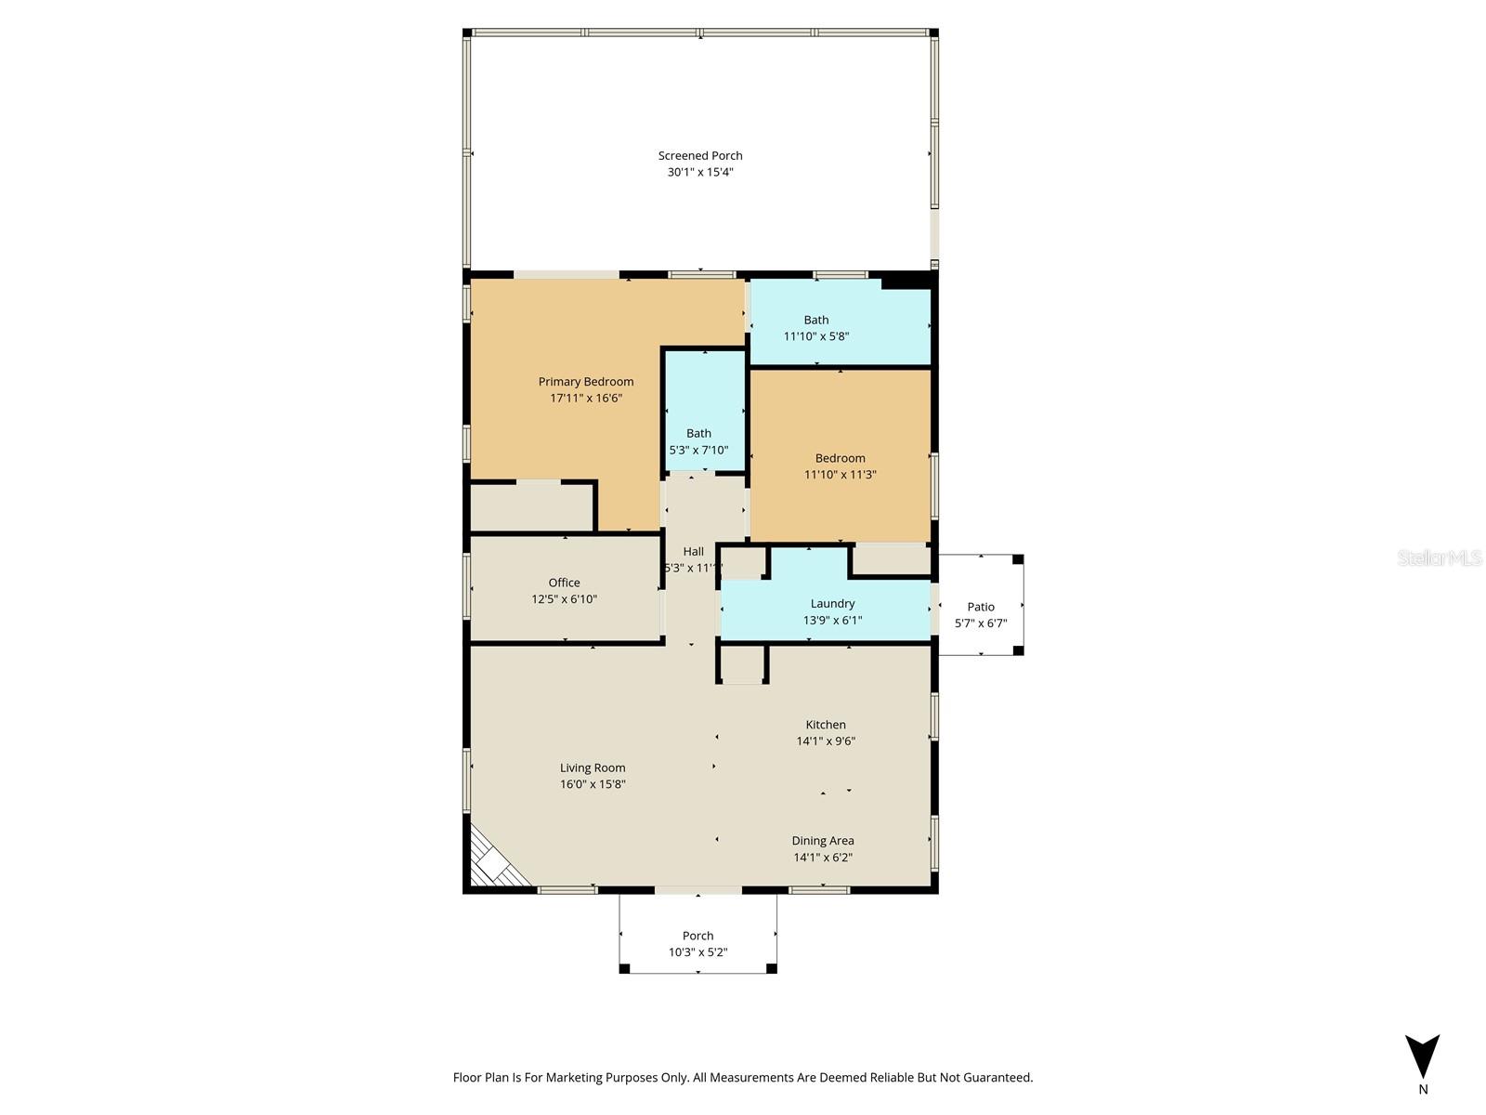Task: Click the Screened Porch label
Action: (x=700, y=156)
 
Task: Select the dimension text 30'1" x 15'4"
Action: (x=700, y=173)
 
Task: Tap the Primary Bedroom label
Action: (x=586, y=382)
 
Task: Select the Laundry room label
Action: (x=832, y=604)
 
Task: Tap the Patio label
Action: (x=981, y=608)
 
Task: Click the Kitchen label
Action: (x=826, y=726)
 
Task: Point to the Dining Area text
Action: (x=823, y=841)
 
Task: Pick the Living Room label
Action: (x=593, y=768)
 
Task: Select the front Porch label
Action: (x=698, y=937)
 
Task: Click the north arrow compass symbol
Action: (x=1422, y=1057)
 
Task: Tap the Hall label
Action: (x=694, y=552)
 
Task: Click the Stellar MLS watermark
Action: (x=1440, y=558)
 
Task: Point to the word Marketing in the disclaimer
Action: (x=574, y=1078)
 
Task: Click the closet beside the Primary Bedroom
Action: (x=531, y=507)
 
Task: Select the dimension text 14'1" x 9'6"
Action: (x=826, y=741)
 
